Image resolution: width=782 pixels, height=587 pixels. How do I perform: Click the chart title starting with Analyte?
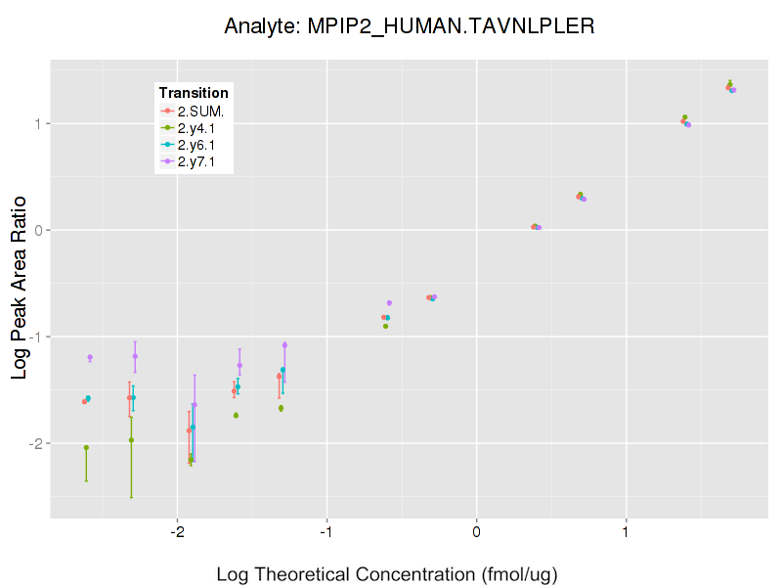(x=409, y=25)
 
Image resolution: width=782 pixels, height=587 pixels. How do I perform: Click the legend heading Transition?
(x=194, y=93)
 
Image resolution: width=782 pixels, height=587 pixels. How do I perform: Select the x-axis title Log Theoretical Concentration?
(x=387, y=573)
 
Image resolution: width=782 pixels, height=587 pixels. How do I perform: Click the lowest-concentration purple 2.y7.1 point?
(x=90, y=357)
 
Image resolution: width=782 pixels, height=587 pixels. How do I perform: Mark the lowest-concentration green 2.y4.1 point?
(x=86, y=448)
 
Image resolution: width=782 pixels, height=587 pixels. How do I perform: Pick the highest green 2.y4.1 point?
(x=730, y=84)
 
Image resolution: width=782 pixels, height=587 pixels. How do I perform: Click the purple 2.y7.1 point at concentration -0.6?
(x=389, y=303)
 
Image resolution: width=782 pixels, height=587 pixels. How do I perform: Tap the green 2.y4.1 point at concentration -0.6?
(x=385, y=326)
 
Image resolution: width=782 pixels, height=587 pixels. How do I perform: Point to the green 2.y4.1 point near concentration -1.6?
(x=236, y=415)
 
